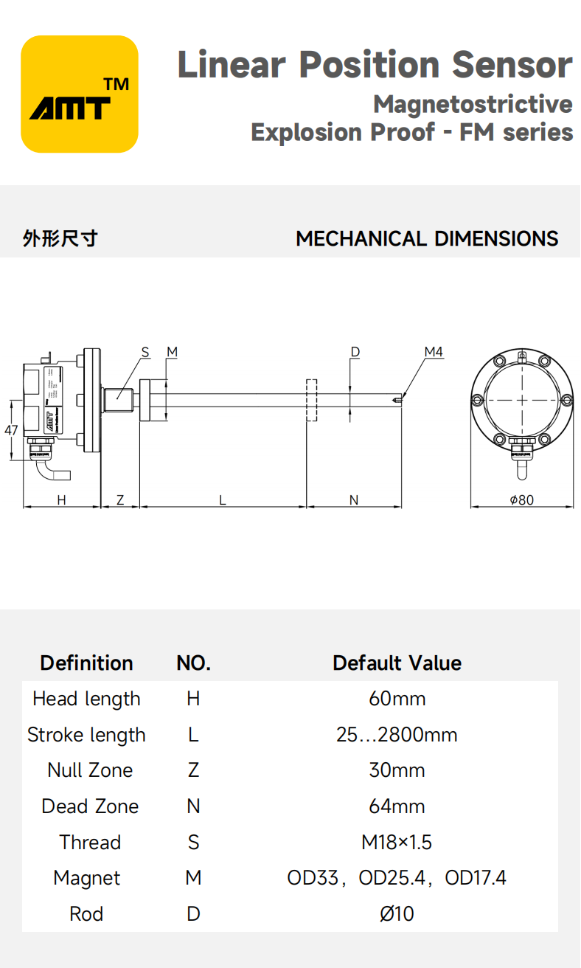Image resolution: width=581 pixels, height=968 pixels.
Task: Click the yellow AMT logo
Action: click(x=80, y=94)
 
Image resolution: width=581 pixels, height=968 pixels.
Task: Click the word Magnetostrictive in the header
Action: click(x=473, y=104)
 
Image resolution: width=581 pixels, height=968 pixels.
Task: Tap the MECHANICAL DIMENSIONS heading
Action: click(x=427, y=239)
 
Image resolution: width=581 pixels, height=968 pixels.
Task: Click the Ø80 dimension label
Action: click(x=521, y=500)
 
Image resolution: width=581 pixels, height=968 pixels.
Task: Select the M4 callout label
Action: click(x=434, y=352)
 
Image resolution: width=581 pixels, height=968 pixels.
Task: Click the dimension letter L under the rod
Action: click(x=222, y=500)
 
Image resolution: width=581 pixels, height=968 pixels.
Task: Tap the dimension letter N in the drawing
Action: click(x=353, y=500)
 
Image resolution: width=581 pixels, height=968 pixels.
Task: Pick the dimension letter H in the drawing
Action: click(x=62, y=500)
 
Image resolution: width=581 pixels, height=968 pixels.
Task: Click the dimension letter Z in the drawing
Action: click(x=120, y=500)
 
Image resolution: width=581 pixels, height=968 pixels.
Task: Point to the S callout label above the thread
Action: click(x=145, y=352)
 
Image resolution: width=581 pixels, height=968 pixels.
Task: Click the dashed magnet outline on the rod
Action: click(x=311, y=400)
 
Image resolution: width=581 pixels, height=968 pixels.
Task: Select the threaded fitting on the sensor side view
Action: click(x=117, y=400)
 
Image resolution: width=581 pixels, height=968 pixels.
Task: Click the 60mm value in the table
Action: click(x=397, y=699)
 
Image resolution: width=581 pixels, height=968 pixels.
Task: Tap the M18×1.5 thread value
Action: click(x=397, y=842)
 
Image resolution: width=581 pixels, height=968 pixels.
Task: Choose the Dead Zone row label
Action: click(x=90, y=806)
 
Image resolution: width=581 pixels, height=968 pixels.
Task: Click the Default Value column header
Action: click(x=397, y=663)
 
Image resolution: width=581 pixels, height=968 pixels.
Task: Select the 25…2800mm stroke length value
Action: click(x=397, y=735)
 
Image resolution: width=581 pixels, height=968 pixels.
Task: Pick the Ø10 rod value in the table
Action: click(x=397, y=914)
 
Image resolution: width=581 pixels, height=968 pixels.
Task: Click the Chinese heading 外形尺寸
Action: click(x=60, y=239)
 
